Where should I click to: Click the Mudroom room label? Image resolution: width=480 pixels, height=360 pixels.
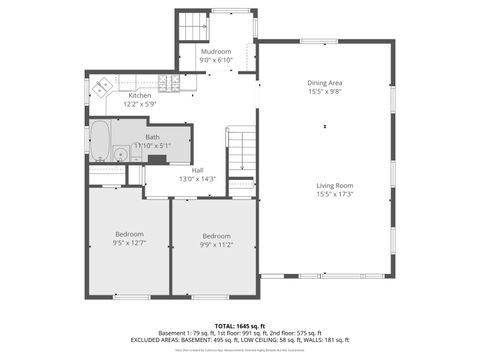[x=216, y=51]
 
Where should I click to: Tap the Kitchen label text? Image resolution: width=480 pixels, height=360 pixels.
[x=140, y=96]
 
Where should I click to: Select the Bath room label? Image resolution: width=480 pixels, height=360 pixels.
[x=152, y=137]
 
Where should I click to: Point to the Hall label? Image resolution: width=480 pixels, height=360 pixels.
[x=198, y=170]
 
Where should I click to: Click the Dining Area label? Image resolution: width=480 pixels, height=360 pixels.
[x=324, y=82]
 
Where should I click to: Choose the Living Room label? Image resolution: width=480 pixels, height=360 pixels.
[x=335, y=185]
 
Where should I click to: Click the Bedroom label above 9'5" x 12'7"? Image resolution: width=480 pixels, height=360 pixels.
[x=129, y=233]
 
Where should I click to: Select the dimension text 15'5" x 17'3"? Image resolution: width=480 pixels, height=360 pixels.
[x=335, y=194]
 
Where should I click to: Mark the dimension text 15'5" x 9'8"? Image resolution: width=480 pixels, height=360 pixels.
[x=324, y=91]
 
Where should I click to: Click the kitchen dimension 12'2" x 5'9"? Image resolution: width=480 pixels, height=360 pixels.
[x=140, y=104]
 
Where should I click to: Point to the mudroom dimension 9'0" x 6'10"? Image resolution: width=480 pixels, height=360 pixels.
[x=216, y=60]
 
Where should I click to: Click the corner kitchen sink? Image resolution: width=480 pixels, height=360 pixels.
[x=100, y=87]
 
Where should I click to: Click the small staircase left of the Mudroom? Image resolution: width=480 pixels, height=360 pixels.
[x=190, y=27]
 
